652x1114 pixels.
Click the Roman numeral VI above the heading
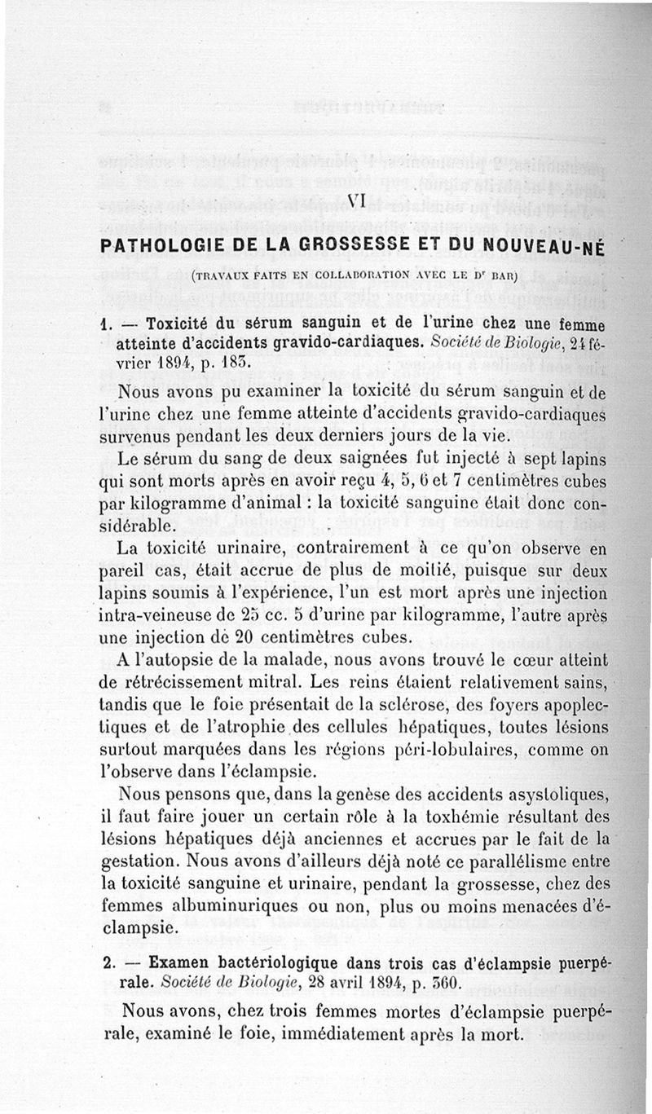[x=355, y=200]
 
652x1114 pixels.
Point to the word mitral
[x=284, y=679]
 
